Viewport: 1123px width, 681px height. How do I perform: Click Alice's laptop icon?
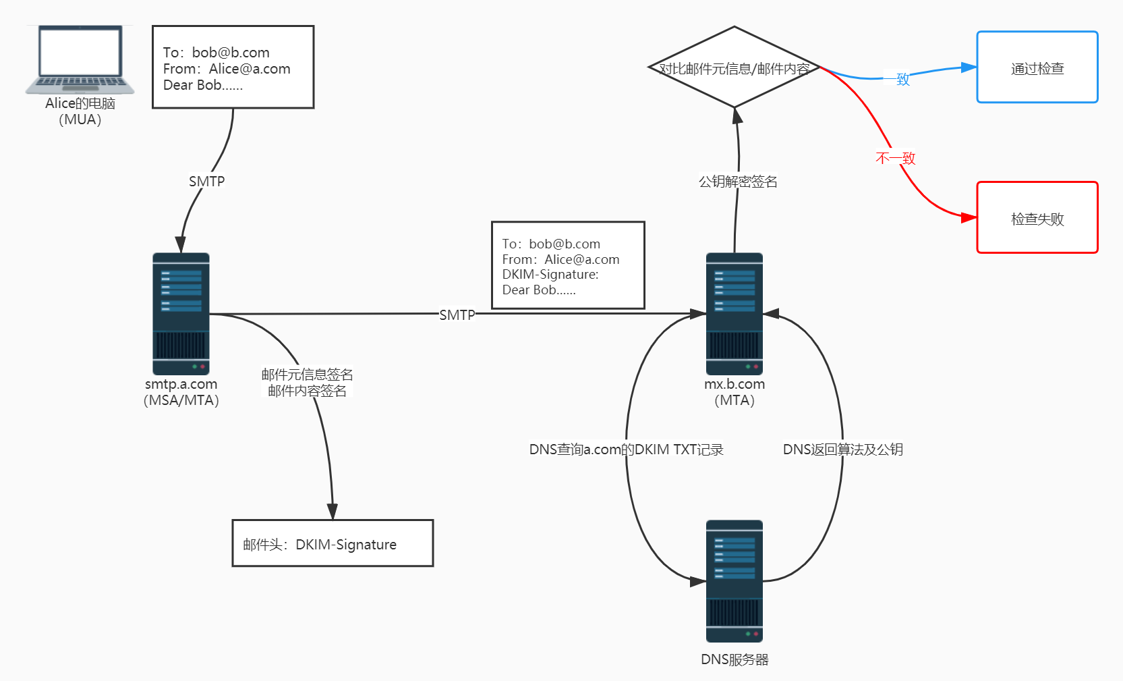tap(80, 60)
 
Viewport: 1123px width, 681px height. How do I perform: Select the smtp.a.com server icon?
tap(181, 314)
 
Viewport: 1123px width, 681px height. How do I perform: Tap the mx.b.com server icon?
tap(734, 314)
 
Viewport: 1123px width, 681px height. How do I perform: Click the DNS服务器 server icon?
tap(734, 581)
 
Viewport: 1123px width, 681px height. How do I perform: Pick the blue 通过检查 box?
tap(1037, 67)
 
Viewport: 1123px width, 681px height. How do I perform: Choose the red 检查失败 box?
tap(1037, 218)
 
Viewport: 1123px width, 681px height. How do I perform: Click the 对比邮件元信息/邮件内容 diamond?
tap(734, 67)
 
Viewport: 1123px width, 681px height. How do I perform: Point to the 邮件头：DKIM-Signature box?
tap(333, 543)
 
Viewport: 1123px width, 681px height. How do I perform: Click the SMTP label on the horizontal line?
tap(457, 315)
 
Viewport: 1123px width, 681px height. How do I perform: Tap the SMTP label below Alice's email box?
tap(206, 182)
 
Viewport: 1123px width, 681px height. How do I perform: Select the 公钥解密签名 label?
tap(738, 182)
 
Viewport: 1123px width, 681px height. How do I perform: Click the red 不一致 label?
tap(895, 159)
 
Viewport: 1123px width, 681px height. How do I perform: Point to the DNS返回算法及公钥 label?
tap(842, 450)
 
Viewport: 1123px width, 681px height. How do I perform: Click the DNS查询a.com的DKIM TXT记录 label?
tap(626, 450)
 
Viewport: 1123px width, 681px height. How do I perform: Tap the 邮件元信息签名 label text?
tap(307, 375)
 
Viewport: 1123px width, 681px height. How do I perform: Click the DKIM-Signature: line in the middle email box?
tap(550, 275)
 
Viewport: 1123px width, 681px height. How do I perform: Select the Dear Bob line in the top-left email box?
tap(202, 85)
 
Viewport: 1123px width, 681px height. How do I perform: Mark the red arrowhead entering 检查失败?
tap(969, 217)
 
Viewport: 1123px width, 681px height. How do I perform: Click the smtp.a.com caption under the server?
tap(181, 384)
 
